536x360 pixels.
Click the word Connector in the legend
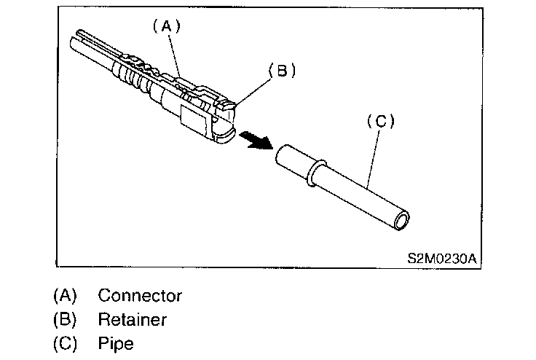[140, 296]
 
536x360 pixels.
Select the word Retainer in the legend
[133, 319]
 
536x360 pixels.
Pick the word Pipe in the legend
[116, 342]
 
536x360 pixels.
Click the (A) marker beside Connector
[65, 296]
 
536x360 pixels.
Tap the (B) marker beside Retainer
[65, 319]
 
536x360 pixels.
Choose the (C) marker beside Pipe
[65, 342]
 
